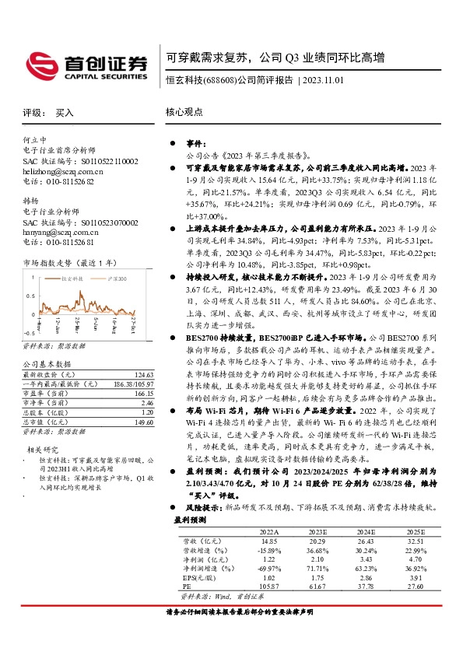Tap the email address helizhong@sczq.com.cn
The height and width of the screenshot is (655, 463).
(x=62, y=170)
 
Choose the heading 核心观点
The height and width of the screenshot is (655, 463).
(x=184, y=113)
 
